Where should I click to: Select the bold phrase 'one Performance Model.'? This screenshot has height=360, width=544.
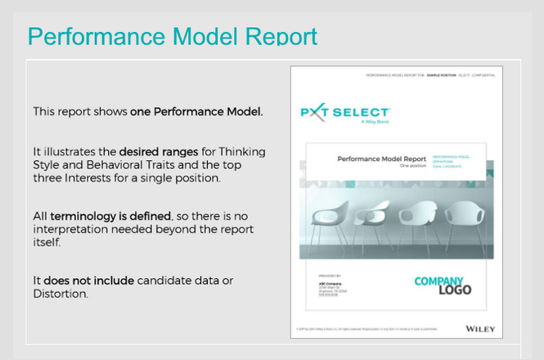pyautogui.click(x=196, y=111)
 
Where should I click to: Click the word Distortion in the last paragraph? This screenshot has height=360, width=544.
pyautogui.click(x=59, y=294)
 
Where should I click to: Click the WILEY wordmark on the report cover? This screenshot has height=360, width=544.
pyautogui.click(x=479, y=328)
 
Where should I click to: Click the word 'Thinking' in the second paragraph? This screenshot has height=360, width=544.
pyautogui.click(x=242, y=152)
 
